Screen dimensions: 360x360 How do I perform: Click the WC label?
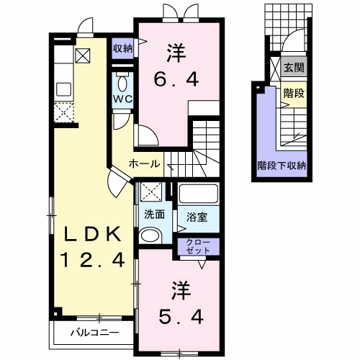click(122, 99)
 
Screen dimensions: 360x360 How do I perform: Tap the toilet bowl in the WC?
click(122, 84)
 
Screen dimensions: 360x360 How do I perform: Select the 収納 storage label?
click(122, 48)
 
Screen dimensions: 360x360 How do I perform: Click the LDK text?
click(92, 235)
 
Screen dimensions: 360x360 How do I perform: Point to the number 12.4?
click(92, 260)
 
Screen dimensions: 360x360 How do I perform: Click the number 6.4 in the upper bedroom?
click(176, 79)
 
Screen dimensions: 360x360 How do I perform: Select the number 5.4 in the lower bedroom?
click(181, 317)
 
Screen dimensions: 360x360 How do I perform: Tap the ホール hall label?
click(144, 164)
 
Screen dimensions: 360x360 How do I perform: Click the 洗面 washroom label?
click(154, 215)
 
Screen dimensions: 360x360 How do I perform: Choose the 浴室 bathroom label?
click(197, 217)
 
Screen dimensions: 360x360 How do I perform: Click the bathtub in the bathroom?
click(199, 193)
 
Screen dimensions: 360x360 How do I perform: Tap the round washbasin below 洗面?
click(150, 235)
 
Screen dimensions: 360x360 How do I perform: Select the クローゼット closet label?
click(198, 246)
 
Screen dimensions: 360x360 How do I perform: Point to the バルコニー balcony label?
click(95, 333)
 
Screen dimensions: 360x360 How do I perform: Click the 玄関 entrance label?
click(294, 68)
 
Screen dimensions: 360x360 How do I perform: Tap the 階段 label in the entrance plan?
click(294, 93)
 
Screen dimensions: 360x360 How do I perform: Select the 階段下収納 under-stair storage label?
click(282, 166)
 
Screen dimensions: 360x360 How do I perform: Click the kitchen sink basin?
click(63, 89)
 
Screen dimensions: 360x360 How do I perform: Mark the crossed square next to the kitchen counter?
click(83, 55)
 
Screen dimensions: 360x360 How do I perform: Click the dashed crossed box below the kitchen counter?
click(63, 112)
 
